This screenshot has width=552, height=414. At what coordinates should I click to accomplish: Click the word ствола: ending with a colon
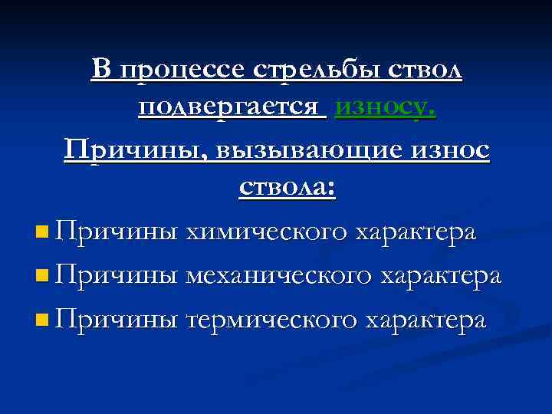pos(287,187)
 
